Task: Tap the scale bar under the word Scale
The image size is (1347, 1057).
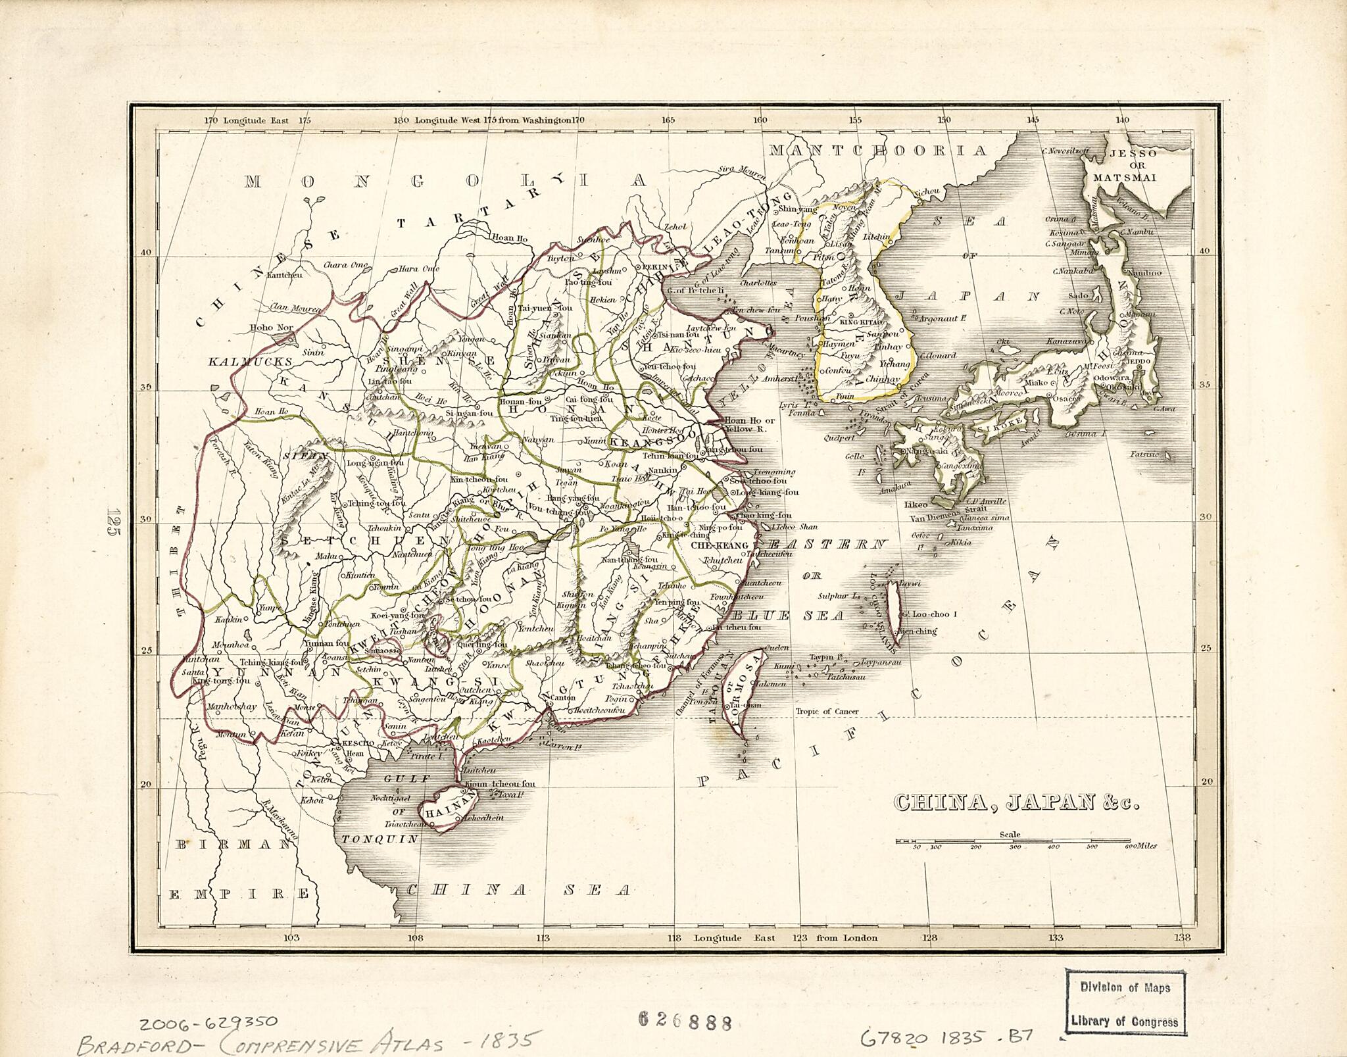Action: tap(1013, 841)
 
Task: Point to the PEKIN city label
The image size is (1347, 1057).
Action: tap(654, 267)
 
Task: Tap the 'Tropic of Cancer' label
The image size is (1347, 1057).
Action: tap(827, 711)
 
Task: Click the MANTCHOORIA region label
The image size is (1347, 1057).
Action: tap(877, 151)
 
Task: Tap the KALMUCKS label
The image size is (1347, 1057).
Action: tap(241, 362)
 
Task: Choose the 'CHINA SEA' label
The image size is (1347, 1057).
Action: tap(518, 891)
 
